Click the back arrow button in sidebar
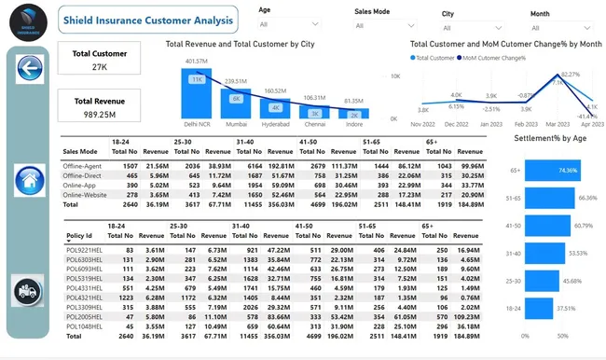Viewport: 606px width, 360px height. [29, 69]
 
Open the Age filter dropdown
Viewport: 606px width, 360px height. [289, 25]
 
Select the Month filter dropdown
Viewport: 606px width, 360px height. [563, 26]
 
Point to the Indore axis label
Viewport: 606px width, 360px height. [354, 123]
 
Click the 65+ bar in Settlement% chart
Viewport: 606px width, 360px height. [551, 171]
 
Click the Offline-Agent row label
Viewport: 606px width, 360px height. [81, 165]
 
